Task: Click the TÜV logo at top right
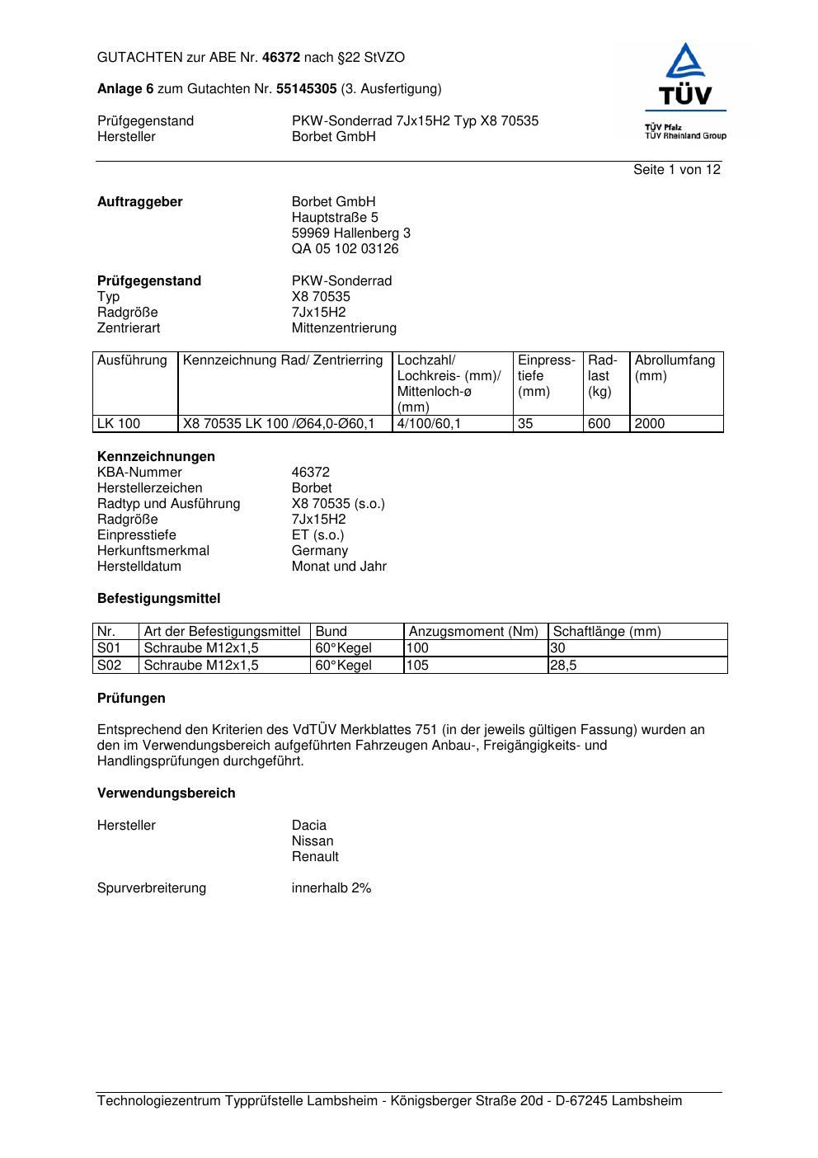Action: (684, 91)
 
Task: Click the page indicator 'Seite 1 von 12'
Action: (676, 170)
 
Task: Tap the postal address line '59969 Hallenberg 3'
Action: (350, 233)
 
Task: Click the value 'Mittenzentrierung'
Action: (344, 328)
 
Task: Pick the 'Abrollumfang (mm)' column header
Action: (675, 368)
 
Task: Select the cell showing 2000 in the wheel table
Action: (650, 424)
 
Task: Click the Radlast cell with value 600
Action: (599, 424)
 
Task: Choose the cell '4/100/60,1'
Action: (429, 424)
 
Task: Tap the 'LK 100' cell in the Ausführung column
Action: (119, 424)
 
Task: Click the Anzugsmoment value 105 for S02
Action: (418, 666)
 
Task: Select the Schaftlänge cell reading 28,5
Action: (565, 666)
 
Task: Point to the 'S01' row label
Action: (109, 648)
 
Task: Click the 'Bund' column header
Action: (331, 632)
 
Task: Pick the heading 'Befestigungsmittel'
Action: (158, 599)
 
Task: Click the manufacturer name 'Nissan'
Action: (313, 841)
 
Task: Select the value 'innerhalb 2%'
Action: (331, 888)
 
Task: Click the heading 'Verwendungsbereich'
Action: (166, 793)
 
